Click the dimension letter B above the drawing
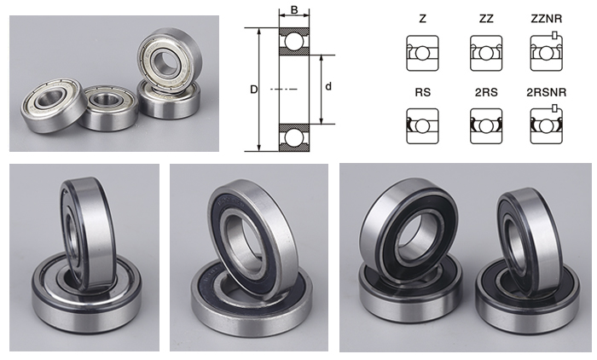[x=294, y=9]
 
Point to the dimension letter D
[x=253, y=90]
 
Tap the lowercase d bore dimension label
[x=328, y=86]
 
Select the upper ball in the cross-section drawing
[x=293, y=42]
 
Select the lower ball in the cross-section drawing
[x=293, y=137]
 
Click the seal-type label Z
[x=422, y=19]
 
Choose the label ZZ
[x=486, y=19]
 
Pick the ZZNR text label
[x=546, y=19]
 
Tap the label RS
[x=422, y=92]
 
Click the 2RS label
[x=486, y=92]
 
